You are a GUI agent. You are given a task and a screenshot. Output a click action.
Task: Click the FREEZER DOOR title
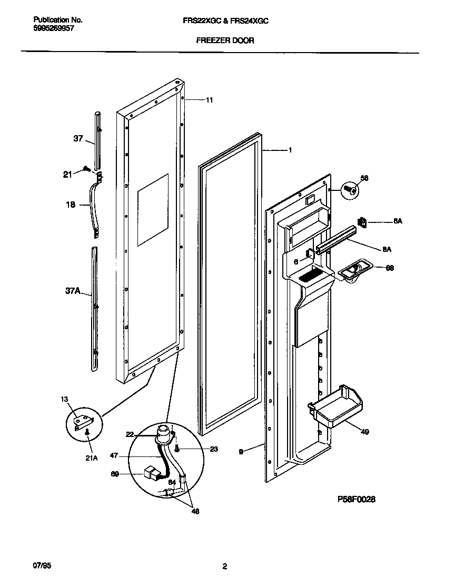[x=225, y=40]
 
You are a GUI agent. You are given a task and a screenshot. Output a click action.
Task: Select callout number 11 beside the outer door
[x=209, y=99]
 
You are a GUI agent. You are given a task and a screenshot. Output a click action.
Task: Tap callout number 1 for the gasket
[x=290, y=150]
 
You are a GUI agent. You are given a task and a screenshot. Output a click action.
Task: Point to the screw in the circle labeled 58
[x=349, y=189]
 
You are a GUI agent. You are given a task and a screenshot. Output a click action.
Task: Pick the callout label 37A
[x=73, y=290]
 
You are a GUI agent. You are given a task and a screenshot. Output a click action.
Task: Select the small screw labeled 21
[x=85, y=169]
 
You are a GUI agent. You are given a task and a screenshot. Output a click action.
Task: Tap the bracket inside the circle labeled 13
[x=83, y=421]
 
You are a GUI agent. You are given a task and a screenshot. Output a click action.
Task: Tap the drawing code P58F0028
[x=356, y=500]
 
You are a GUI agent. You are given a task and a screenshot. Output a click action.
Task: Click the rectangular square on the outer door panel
[x=153, y=210]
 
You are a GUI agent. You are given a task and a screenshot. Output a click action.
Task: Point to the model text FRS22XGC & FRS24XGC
[x=225, y=20]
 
